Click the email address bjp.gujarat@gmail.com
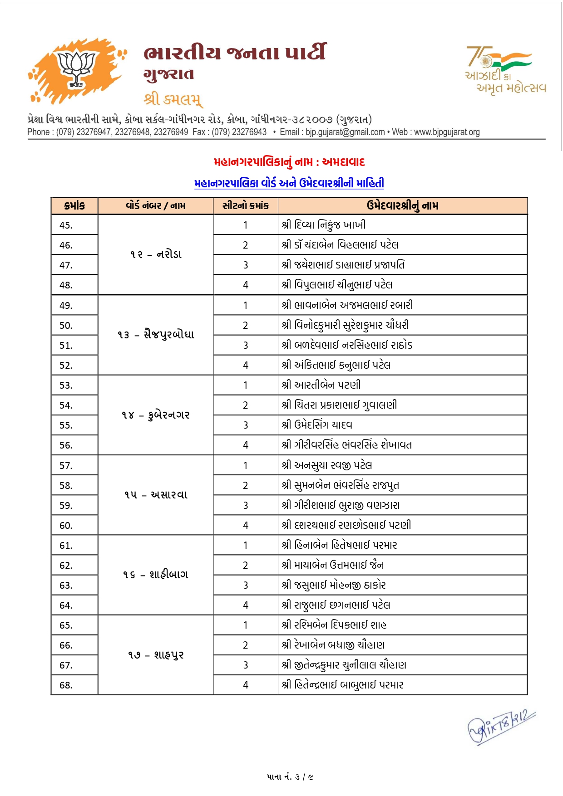[345, 132]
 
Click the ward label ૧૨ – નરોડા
[156, 254]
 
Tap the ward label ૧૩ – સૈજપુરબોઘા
[156, 335]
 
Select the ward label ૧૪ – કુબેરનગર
[156, 415]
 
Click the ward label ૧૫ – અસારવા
[156, 495]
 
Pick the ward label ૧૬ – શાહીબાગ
[156, 575]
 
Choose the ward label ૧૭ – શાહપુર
[156, 655]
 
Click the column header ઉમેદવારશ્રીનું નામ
[402, 206]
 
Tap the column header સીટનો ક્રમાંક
[246, 206]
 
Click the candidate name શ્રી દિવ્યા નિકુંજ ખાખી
[323, 225]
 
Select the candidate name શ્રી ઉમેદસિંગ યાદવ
[317, 425]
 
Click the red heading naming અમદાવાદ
[289, 162]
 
